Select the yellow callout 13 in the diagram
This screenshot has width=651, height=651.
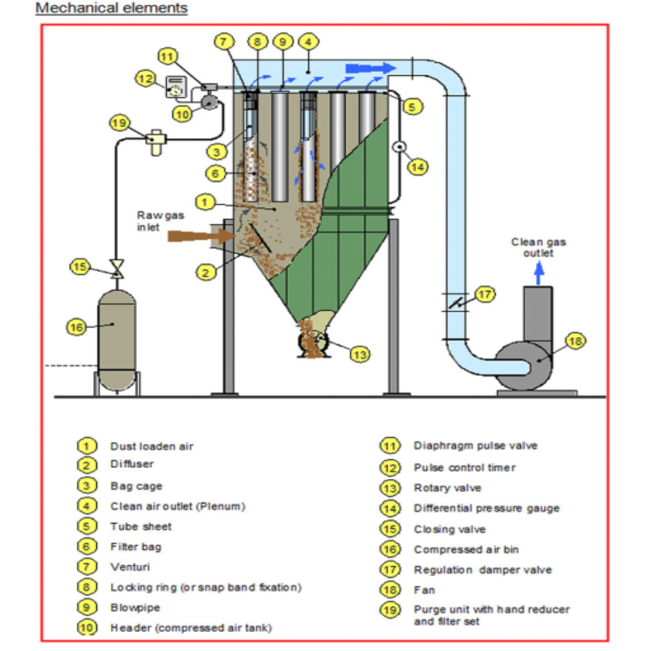(360, 355)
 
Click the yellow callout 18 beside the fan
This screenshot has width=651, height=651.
(575, 341)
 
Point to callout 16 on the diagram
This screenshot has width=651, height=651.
(77, 327)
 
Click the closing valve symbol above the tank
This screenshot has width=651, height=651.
(117, 269)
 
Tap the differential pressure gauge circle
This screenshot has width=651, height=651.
(400, 146)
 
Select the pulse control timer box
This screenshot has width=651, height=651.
(176, 87)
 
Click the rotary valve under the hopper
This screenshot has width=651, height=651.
(314, 343)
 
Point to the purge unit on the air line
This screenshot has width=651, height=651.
(156, 141)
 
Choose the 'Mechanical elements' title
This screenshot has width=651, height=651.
(112, 8)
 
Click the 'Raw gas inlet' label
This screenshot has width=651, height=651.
(161, 221)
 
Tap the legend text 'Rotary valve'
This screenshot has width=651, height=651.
(448, 488)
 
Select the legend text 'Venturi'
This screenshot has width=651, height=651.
(130, 567)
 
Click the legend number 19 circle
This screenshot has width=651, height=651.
(390, 610)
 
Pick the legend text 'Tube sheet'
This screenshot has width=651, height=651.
(141, 527)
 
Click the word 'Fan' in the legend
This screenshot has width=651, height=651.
(424, 590)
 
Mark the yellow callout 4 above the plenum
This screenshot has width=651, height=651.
(309, 42)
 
